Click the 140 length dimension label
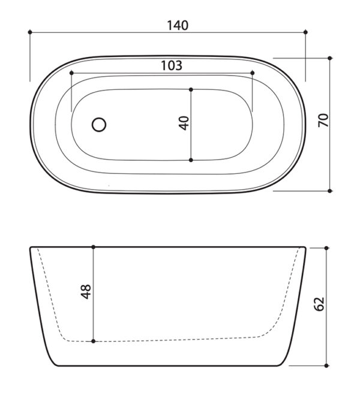tap(178, 26)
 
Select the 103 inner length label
tap(172, 65)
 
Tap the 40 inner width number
tap(184, 123)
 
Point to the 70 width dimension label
tap(323, 121)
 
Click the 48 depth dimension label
tap(86, 292)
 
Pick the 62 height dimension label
tap(319, 304)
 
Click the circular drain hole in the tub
tap(99, 125)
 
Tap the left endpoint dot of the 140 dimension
tap(30, 32)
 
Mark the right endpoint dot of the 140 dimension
tap(305, 32)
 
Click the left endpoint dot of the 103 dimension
tap(71, 73)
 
